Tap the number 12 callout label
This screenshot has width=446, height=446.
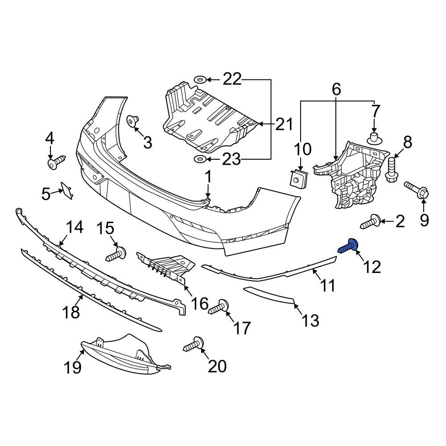point(372,267)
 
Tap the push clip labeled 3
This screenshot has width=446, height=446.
point(133,121)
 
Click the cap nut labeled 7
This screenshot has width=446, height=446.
point(374,137)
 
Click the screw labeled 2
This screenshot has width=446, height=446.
point(370,222)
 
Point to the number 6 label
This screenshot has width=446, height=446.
point(336,89)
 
